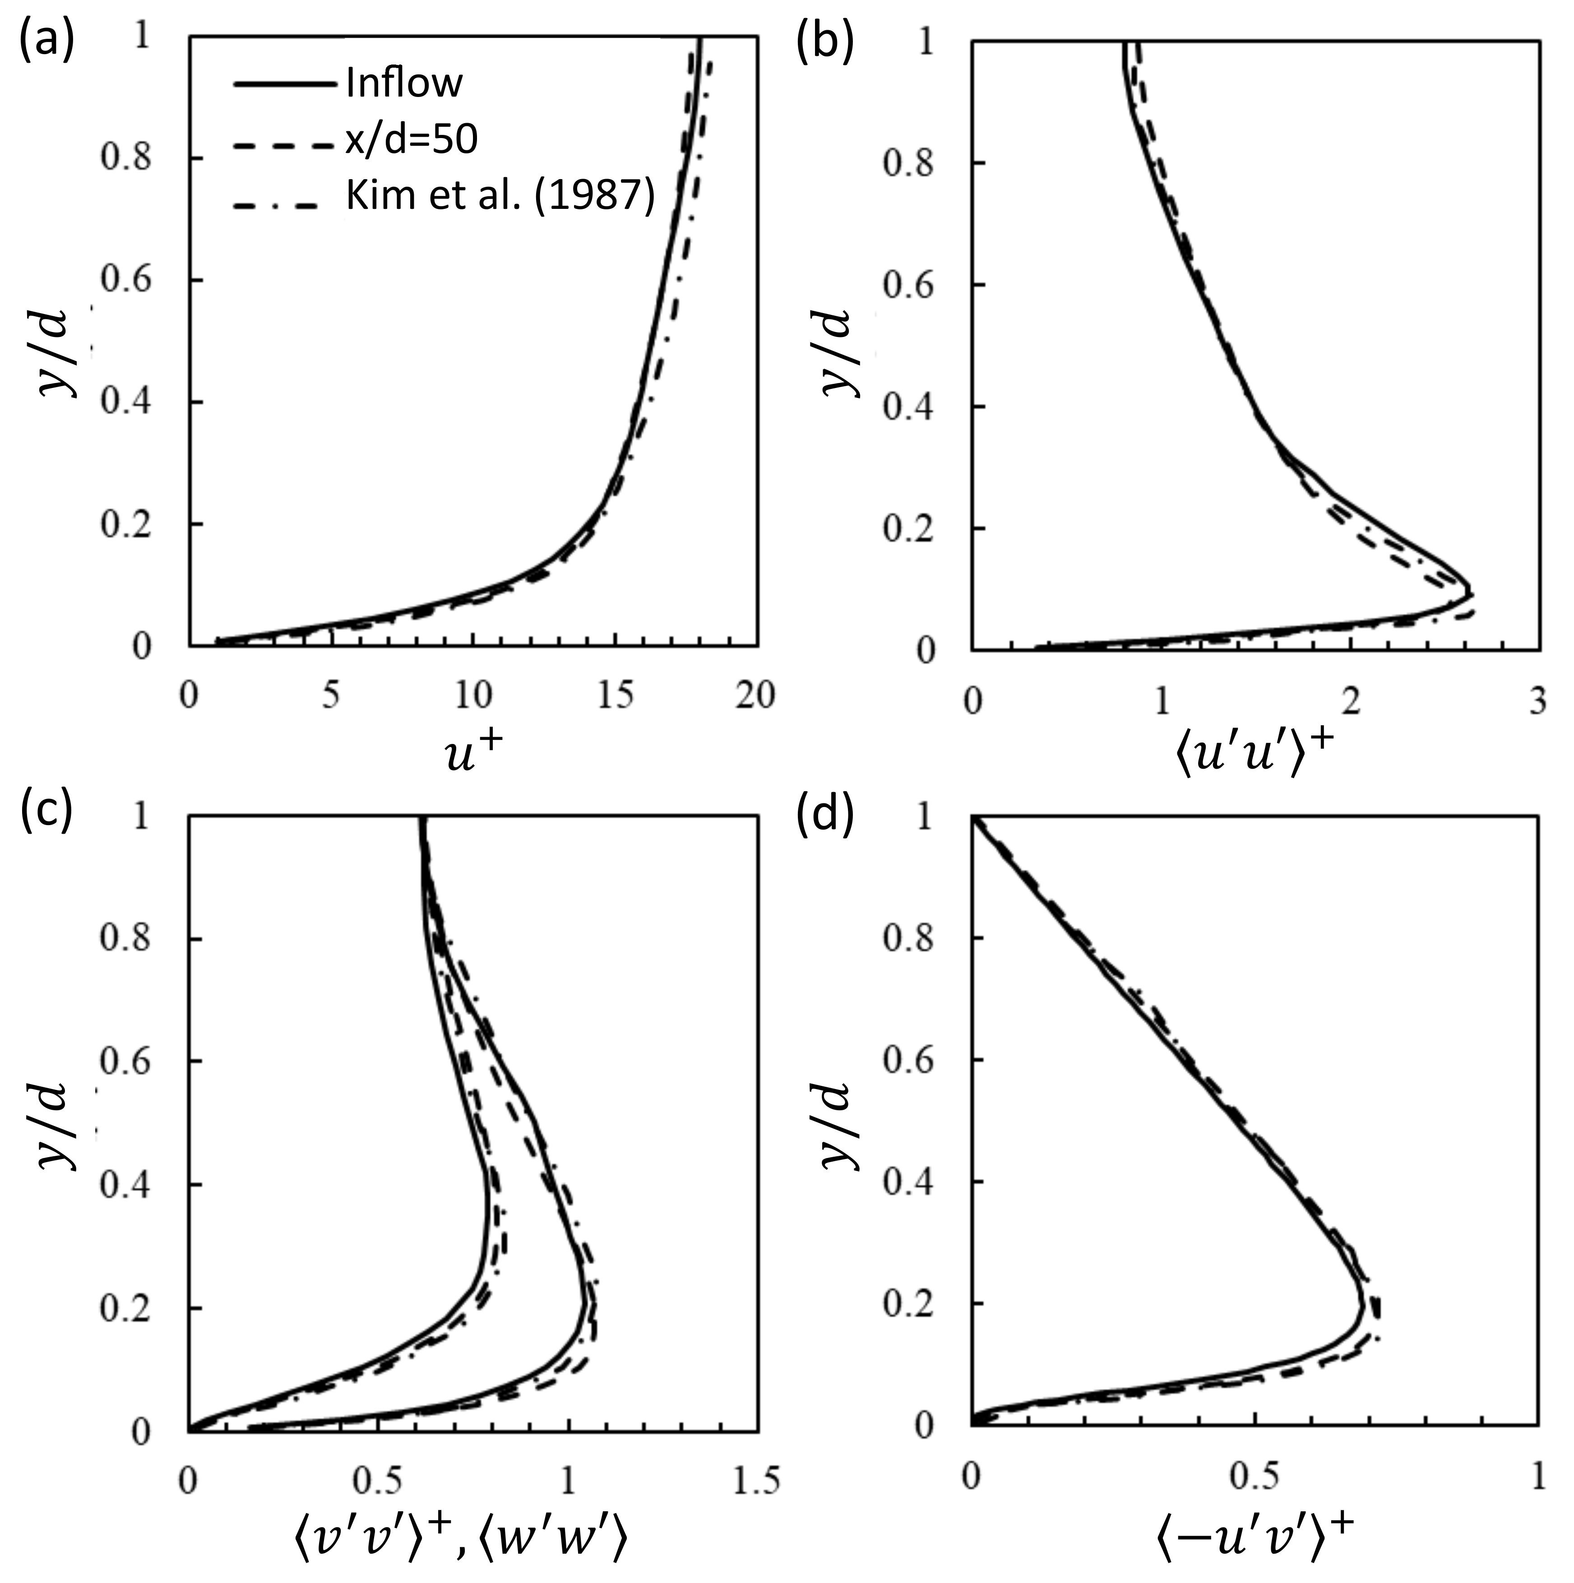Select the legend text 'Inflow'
pyautogui.click(x=403, y=83)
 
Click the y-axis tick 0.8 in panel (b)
pyautogui.click(x=908, y=163)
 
